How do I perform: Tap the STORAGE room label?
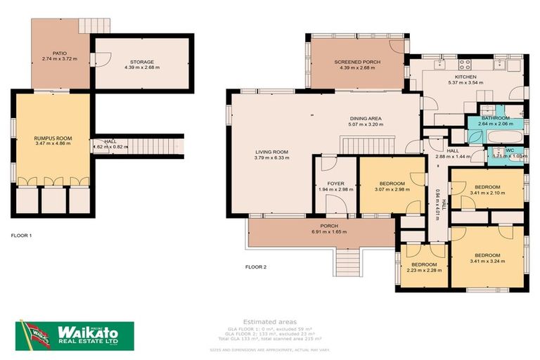[x=141, y=62]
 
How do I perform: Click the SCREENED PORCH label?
[x=356, y=62]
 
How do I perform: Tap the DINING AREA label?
[x=365, y=118]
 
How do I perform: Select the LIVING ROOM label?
[x=271, y=152]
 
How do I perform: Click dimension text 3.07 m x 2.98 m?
[x=392, y=189]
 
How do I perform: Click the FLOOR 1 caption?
[x=21, y=235]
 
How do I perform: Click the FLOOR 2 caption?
[x=256, y=266]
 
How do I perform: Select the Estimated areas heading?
[x=278, y=321]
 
